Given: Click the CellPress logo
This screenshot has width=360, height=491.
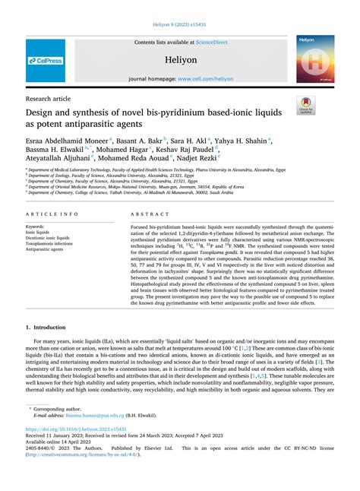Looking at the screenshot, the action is pos(45,59).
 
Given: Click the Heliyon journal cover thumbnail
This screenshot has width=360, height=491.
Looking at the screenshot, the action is pos(314,59).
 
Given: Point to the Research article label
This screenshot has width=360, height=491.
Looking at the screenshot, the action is pos(48,98).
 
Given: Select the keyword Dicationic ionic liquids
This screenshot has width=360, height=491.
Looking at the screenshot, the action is pos(47,237).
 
